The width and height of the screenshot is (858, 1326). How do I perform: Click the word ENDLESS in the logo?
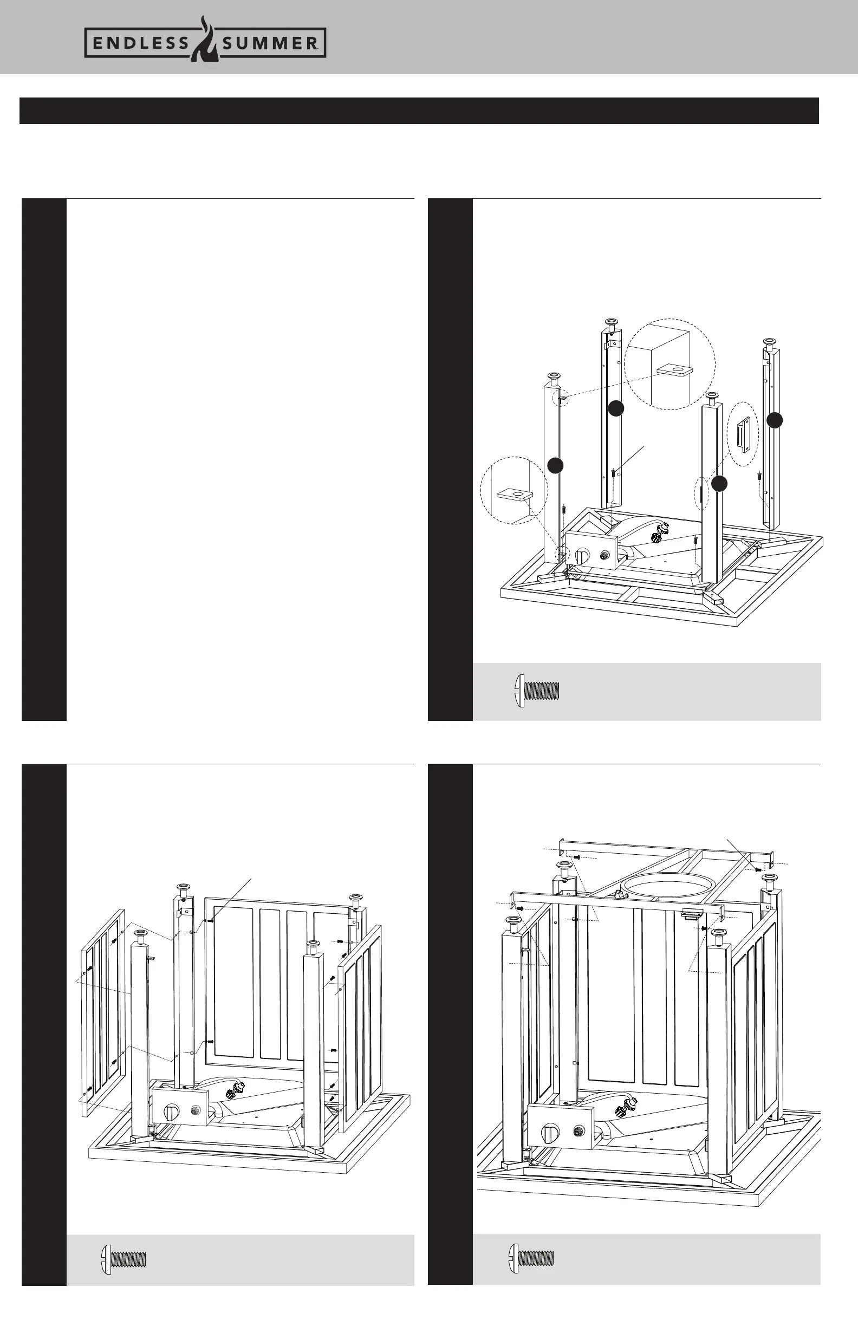(141, 43)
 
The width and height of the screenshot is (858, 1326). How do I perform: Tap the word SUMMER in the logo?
(270, 43)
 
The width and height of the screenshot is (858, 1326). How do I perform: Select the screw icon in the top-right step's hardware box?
(535, 691)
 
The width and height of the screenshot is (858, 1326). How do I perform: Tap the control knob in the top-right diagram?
(582, 555)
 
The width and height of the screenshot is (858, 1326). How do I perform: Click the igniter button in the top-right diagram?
(604, 555)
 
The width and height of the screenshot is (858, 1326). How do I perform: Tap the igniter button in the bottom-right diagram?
(578, 1132)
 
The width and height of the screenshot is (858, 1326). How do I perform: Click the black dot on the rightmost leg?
(775, 421)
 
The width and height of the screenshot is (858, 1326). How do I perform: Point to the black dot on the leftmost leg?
(555, 465)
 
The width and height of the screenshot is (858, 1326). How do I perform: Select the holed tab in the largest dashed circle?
(672, 370)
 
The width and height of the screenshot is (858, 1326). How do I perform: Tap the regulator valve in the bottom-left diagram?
(230, 1092)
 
